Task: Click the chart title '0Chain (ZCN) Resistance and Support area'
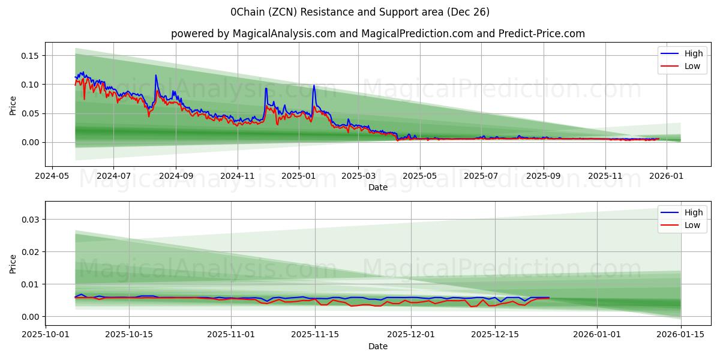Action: (x=359, y=12)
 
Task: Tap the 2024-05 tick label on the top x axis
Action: (x=52, y=177)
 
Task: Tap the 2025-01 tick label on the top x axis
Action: (x=298, y=177)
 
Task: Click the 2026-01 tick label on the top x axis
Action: (x=666, y=177)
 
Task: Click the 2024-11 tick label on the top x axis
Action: (x=238, y=177)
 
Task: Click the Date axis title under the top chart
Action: (x=378, y=187)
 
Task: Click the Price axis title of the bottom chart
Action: (x=13, y=263)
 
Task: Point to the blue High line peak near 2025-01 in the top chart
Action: (x=313, y=85)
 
